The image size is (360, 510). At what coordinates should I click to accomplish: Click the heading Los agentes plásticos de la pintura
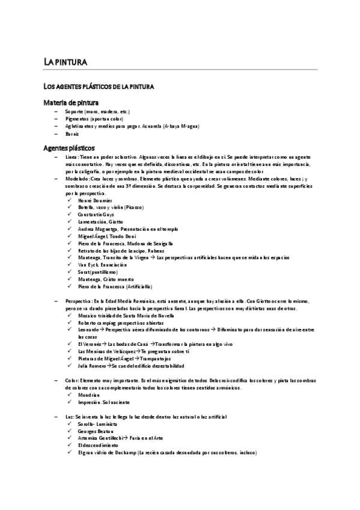pyautogui.click(x=100, y=88)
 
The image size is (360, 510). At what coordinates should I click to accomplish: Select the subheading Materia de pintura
pyautogui.click(x=72, y=103)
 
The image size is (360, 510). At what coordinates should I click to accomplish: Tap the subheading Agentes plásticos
pyautogui.click(x=69, y=147)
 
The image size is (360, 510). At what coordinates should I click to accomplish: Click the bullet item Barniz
pyautogui.click(x=72, y=134)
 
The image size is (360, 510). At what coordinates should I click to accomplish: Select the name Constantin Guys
pyautogui.click(x=96, y=214)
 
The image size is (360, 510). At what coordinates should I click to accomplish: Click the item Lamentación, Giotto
pyautogui.click(x=100, y=221)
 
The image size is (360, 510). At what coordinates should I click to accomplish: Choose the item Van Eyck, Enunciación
pyautogui.click(x=102, y=265)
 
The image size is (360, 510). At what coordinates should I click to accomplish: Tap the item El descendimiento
pyautogui.click(x=97, y=446)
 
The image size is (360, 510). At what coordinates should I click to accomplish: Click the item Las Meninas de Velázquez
pyautogui.click(x=105, y=351)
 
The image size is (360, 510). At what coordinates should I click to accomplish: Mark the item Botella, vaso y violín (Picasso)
pyautogui.click(x=110, y=207)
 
